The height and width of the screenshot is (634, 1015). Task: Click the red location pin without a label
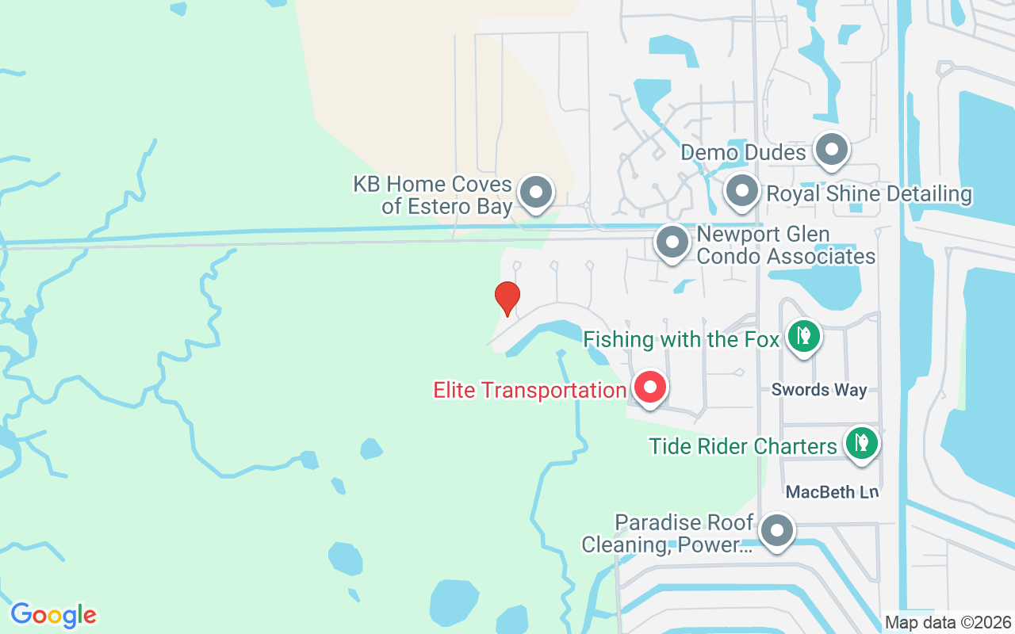[507, 298]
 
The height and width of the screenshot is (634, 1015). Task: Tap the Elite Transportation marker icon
[651, 388]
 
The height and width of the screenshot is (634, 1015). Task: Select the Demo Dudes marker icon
[832, 150]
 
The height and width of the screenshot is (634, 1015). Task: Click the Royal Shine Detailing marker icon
[742, 192]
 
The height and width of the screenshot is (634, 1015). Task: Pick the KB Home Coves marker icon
[536, 193]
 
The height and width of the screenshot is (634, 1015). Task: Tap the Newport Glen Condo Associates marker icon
[672, 243]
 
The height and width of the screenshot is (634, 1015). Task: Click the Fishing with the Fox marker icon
[804, 336]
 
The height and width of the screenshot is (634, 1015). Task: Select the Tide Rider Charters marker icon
[861, 443]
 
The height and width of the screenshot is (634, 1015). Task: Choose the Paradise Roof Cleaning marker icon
[777, 531]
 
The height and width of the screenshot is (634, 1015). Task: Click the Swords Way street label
[819, 390]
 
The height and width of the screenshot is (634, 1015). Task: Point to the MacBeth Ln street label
[833, 492]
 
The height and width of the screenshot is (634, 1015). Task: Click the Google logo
[54, 615]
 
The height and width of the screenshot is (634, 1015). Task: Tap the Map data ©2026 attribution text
[948, 623]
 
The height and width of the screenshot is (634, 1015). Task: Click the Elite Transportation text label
[530, 390]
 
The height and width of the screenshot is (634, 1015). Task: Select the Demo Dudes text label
[744, 152]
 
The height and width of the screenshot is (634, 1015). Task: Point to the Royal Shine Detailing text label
[868, 194]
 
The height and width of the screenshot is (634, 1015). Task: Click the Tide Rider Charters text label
[743, 446]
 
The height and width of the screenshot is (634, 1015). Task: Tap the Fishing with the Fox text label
[682, 340]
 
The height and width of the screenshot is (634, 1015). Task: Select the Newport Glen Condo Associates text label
[786, 246]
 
